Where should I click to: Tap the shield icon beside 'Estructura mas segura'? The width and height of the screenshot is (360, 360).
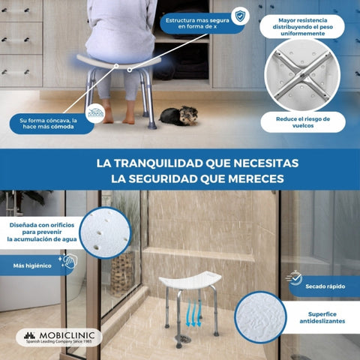coord(239,16)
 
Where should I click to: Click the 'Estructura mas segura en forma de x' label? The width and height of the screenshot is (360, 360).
coord(196,22)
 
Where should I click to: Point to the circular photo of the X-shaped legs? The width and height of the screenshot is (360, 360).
coord(302,75)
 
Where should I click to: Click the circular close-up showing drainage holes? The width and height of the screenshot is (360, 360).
coord(106,232)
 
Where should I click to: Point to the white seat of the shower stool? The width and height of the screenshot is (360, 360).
coord(190,282)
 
